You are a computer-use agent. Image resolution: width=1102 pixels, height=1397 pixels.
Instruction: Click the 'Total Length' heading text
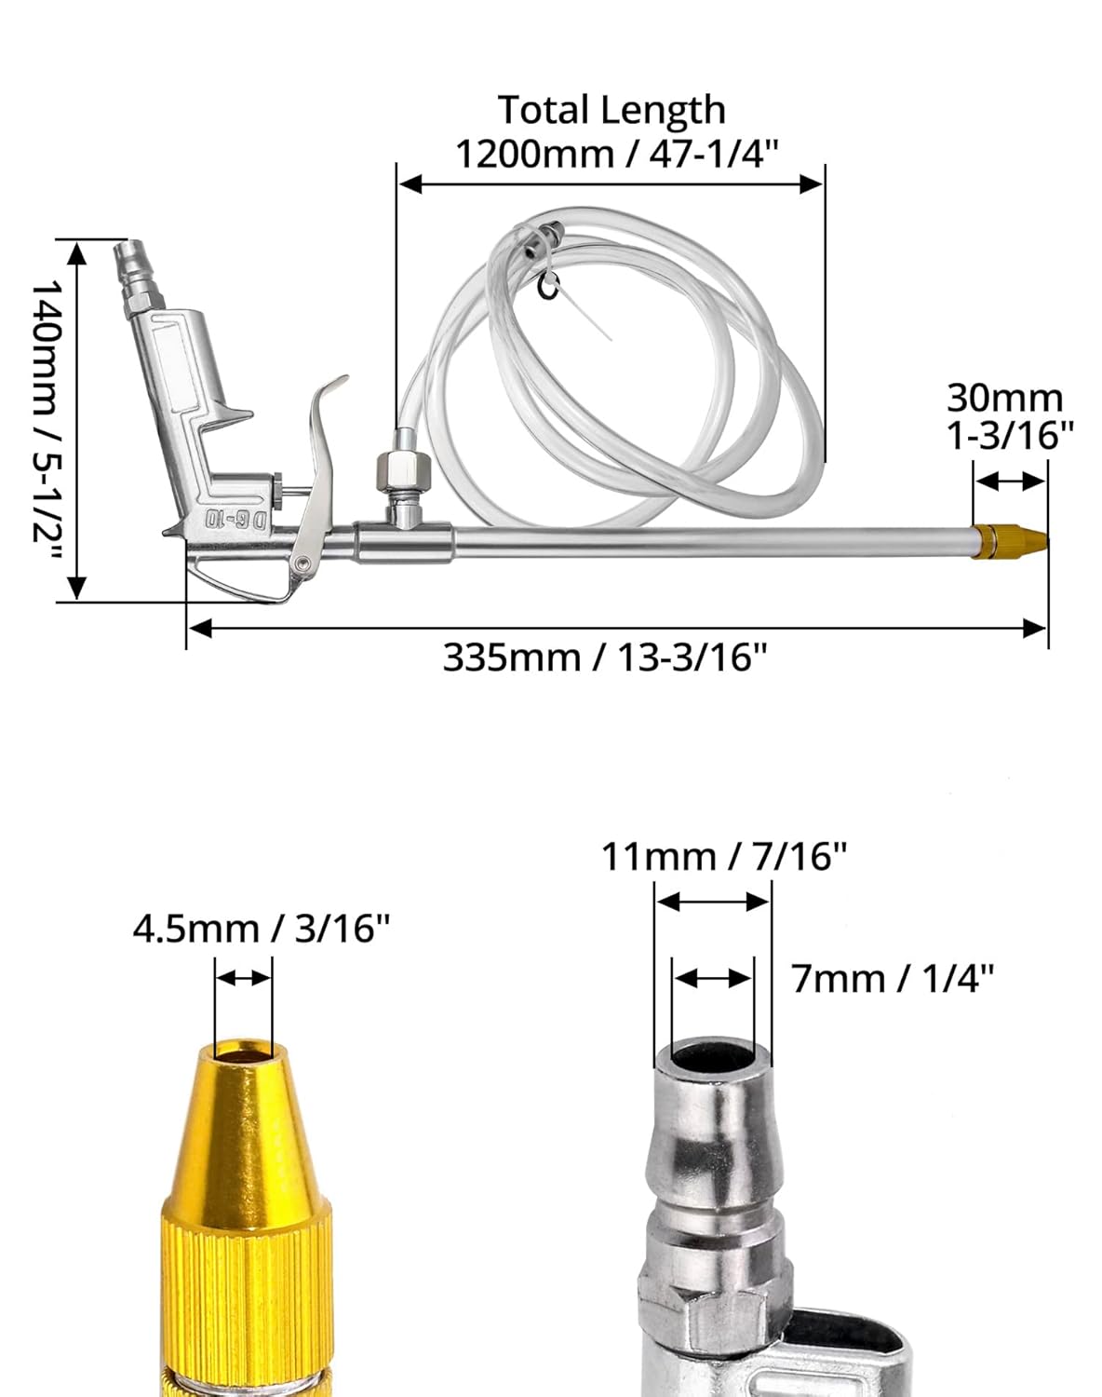coord(611,110)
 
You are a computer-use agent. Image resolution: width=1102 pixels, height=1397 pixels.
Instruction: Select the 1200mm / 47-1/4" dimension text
coord(615,153)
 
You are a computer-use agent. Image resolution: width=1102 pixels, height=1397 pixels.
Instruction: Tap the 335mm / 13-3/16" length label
coord(604,658)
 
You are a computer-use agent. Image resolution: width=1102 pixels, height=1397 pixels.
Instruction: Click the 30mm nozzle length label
coord(1005,399)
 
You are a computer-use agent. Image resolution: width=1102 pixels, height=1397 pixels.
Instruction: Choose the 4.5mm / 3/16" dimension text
coord(261,929)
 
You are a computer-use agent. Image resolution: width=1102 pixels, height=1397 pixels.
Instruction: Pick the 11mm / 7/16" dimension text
coord(723,856)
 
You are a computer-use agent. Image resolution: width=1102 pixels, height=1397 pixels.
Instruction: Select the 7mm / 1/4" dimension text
coord(893,979)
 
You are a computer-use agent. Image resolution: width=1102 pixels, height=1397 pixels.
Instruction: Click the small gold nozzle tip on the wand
coord(1009,541)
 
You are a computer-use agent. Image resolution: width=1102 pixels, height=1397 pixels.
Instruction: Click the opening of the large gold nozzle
coord(243,1051)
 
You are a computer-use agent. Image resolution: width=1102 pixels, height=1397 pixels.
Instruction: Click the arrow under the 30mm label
coord(1009,481)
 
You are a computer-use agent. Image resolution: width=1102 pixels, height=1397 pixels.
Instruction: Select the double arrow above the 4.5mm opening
coord(243,978)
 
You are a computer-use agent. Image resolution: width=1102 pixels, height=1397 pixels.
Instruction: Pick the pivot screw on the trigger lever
coord(302,563)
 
